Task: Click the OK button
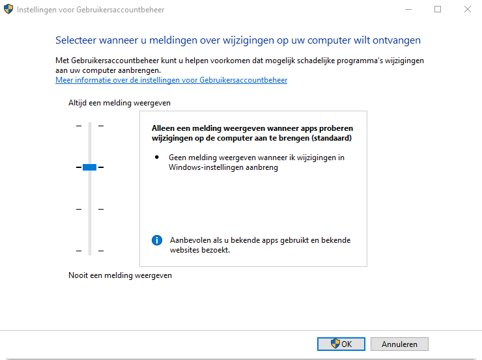click(x=341, y=344)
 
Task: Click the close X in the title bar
click(x=468, y=9)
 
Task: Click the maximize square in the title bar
click(x=438, y=9)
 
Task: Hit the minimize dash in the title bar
click(x=408, y=10)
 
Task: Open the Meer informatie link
click(x=171, y=80)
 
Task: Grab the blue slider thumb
click(x=89, y=167)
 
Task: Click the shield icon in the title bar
click(x=8, y=9)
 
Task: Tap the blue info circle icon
click(x=157, y=240)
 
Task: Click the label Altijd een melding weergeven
click(x=119, y=103)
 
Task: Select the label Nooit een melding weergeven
click(x=120, y=275)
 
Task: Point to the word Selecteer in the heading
click(x=76, y=40)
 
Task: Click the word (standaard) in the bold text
click(x=332, y=138)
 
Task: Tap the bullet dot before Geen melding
click(x=157, y=158)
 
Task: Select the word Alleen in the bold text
click(x=163, y=128)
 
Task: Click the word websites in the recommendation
click(x=185, y=250)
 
